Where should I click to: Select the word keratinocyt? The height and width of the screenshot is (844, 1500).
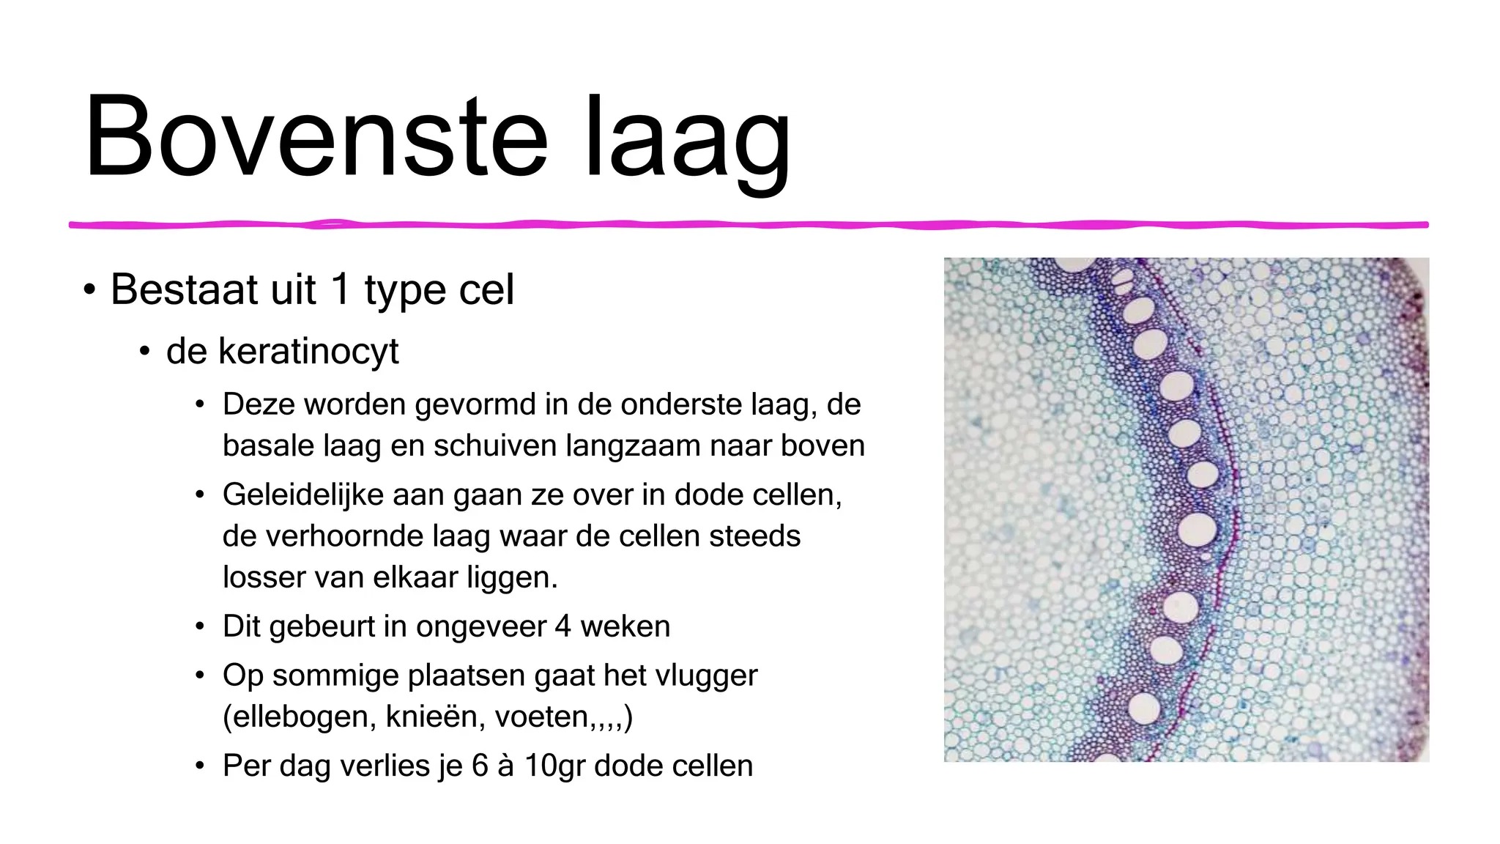[282, 352]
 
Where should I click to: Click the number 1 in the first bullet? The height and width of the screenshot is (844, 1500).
[340, 289]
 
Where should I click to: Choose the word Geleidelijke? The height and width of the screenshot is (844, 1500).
[304, 495]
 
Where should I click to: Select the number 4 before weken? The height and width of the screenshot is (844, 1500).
[562, 627]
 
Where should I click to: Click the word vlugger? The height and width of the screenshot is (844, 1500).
[705, 675]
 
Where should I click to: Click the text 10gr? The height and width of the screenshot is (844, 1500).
[554, 766]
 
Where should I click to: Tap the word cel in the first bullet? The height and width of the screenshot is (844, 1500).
[486, 289]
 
